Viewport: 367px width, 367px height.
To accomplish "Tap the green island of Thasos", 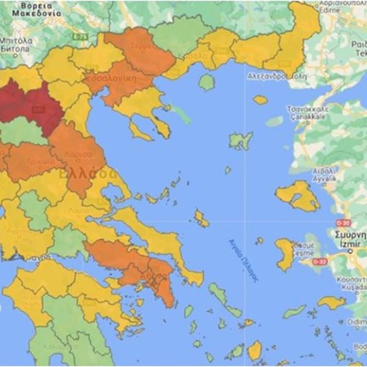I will pyautogui.click(x=207, y=82).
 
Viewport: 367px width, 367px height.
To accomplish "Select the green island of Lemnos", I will pyautogui.click(x=241, y=141).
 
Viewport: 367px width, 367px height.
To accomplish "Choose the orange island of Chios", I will pyautogui.click(x=284, y=254).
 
